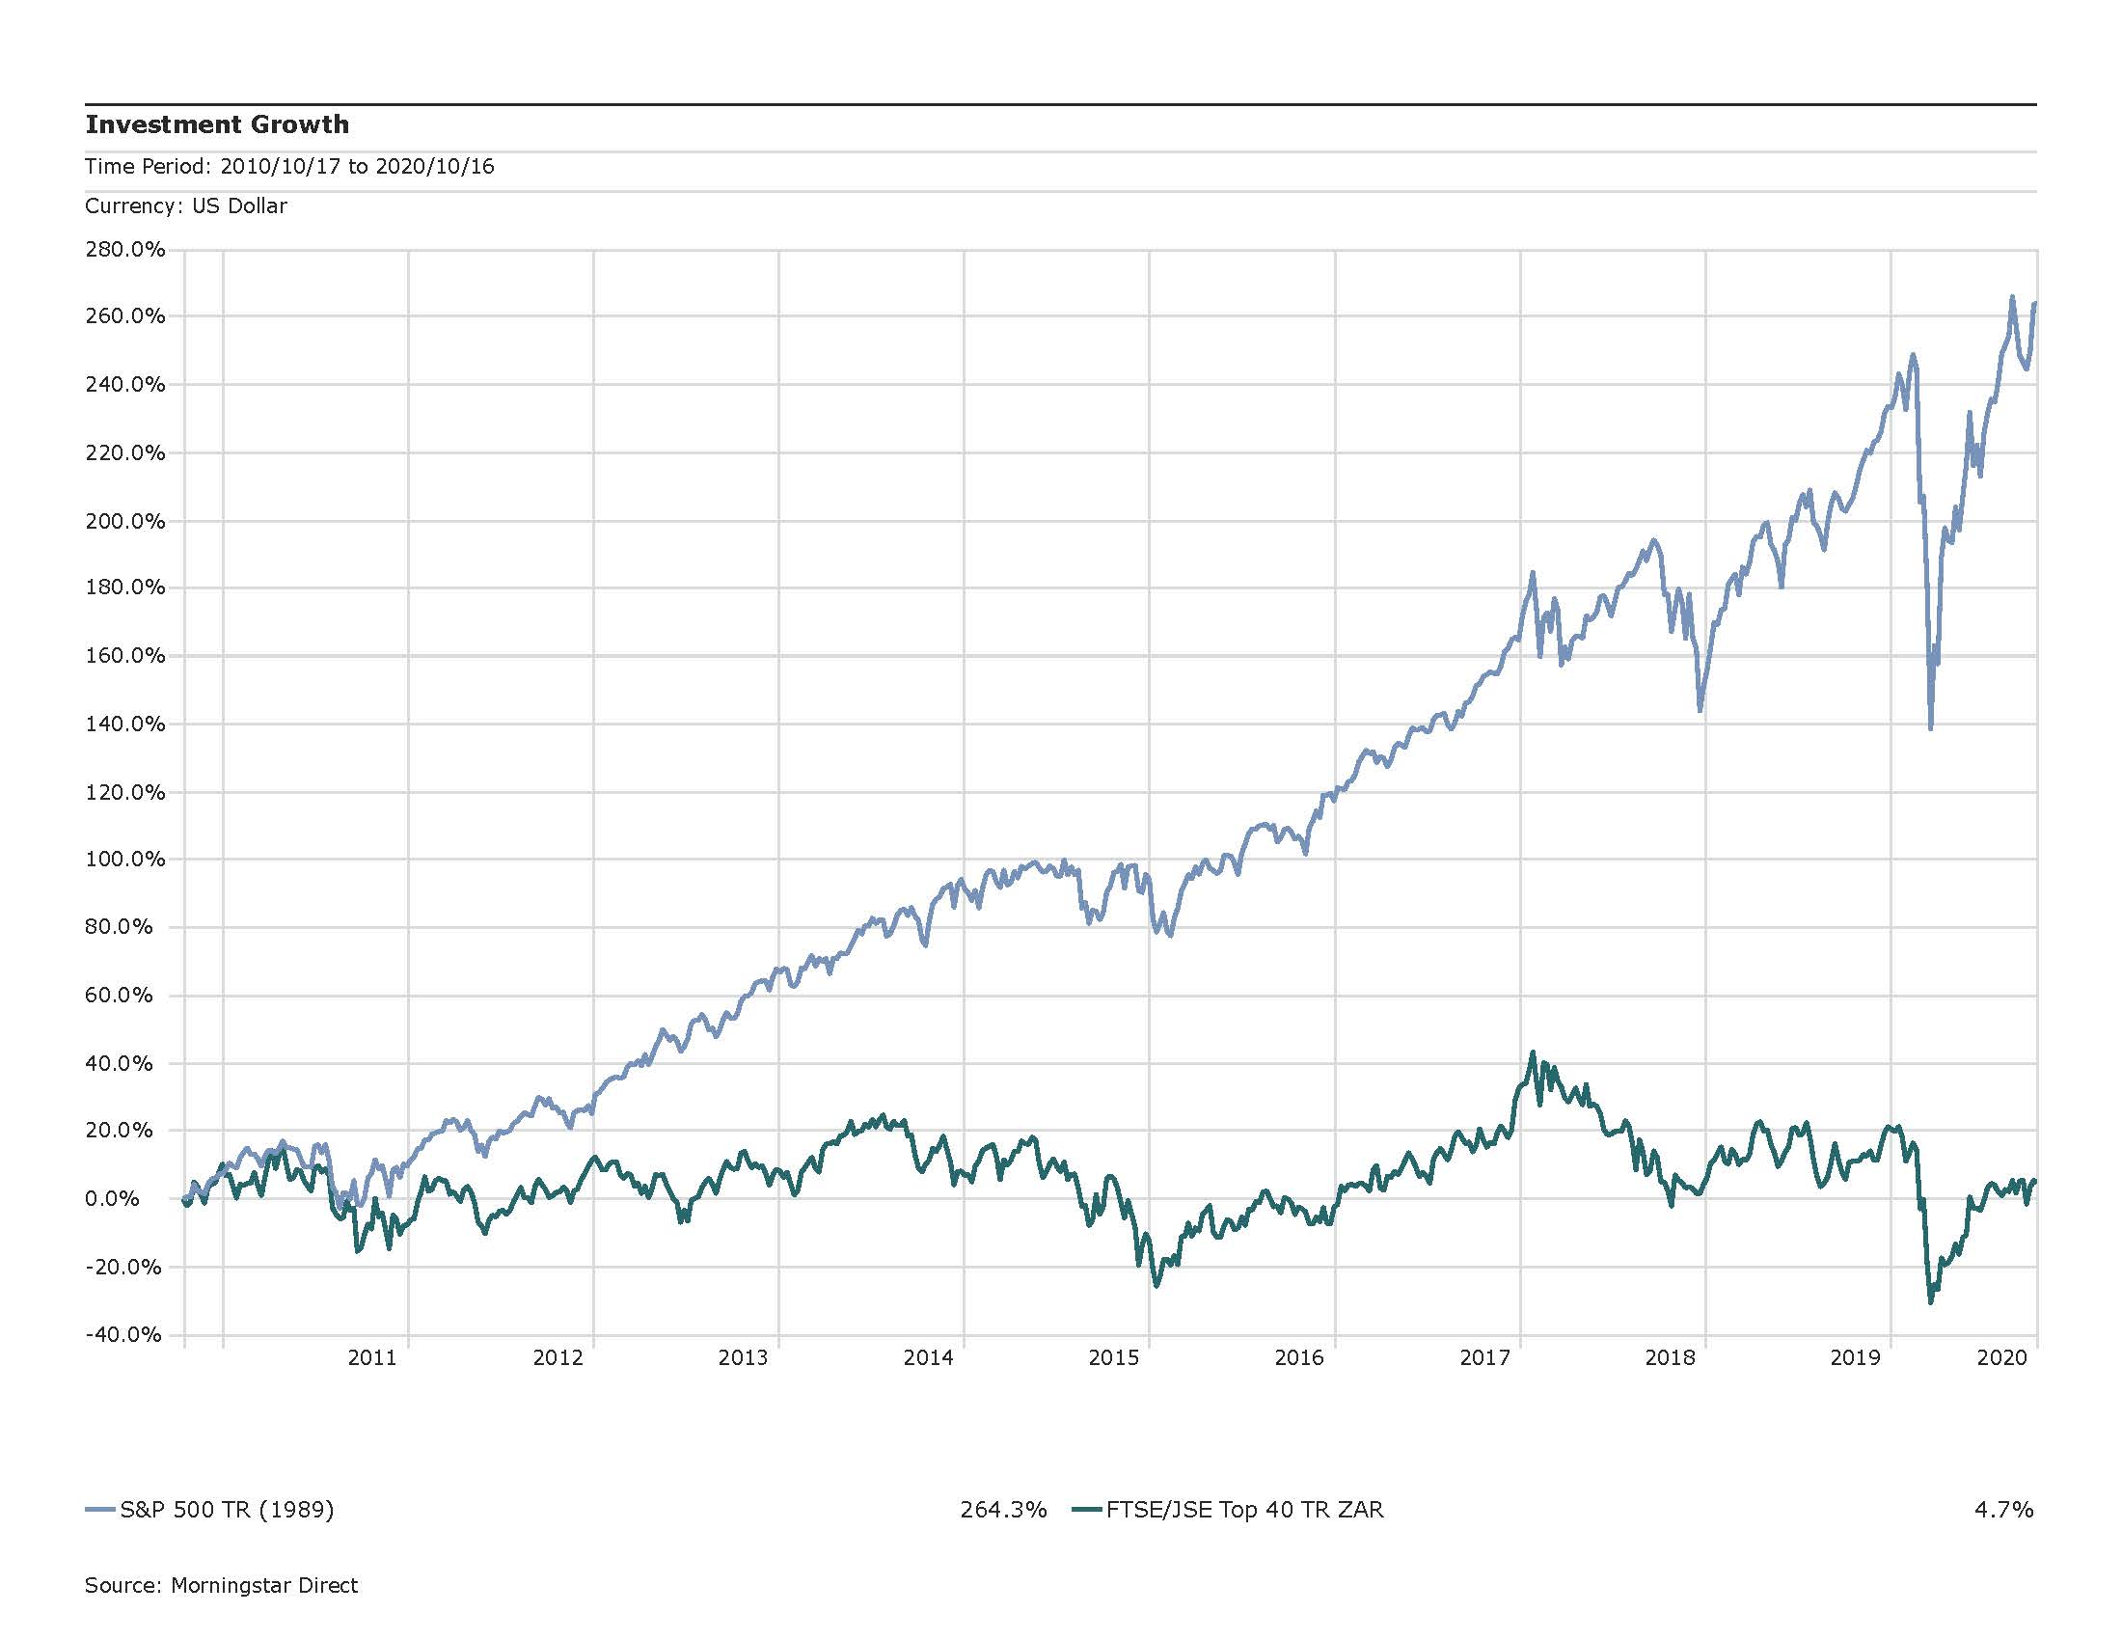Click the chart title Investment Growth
(217, 124)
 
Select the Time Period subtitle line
(288, 166)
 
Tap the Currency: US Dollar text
(185, 206)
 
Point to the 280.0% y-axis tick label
(124, 250)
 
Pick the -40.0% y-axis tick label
(123, 1335)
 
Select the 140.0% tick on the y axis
(124, 724)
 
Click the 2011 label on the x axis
(372, 1358)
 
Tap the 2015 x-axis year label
(1113, 1358)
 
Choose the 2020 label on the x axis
(2001, 1358)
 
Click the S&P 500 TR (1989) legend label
(227, 1510)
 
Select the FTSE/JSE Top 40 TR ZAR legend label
(1244, 1510)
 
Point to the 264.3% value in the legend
(1003, 1510)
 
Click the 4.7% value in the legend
(2003, 1510)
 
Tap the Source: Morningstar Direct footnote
(221, 1586)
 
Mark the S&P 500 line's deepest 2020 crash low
(1931, 727)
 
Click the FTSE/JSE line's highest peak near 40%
(1533, 1052)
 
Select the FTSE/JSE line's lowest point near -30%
(1930, 1302)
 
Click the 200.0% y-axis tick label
(124, 521)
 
